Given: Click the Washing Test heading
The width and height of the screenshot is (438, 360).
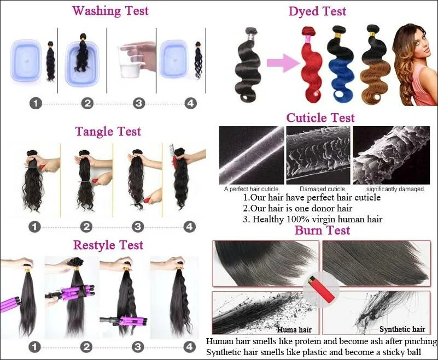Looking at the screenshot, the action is [x=110, y=11].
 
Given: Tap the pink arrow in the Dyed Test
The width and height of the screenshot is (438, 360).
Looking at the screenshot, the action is [x=283, y=63].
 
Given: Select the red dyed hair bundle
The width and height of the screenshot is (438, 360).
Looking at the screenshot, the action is [x=311, y=64].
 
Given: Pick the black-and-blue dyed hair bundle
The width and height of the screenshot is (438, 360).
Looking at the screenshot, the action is [x=340, y=63].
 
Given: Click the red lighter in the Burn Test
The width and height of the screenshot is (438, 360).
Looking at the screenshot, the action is [x=320, y=288].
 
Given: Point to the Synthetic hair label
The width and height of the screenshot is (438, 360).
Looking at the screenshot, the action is [x=402, y=329].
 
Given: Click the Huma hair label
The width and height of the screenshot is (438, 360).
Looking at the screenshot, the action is [x=294, y=330].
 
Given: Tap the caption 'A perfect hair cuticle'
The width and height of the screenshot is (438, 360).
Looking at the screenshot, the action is [x=251, y=189].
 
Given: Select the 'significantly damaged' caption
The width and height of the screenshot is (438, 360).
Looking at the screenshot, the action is [x=395, y=189].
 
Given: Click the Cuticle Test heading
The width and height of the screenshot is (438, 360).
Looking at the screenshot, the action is [x=320, y=117].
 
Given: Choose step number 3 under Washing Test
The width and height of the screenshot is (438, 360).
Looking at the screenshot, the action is [x=139, y=104].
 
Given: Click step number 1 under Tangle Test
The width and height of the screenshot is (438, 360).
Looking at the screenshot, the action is [x=34, y=226].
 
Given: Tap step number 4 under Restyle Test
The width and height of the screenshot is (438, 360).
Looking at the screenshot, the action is [x=190, y=347].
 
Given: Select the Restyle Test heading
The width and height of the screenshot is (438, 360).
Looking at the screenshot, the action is [x=108, y=245].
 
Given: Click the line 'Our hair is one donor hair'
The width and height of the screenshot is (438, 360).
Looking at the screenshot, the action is [x=297, y=208].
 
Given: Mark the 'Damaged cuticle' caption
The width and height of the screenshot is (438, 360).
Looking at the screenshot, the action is [x=323, y=189].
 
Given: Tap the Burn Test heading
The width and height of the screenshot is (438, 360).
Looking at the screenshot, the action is [x=323, y=230].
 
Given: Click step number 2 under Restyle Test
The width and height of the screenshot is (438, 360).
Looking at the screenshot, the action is [x=86, y=347].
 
